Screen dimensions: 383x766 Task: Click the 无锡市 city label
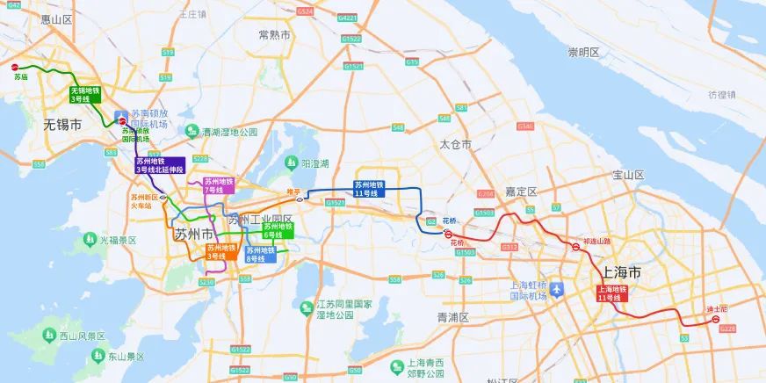(x=62, y=126)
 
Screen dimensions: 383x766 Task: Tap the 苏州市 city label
(x=194, y=235)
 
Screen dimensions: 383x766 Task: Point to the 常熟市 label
(x=274, y=34)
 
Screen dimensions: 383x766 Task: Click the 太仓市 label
(x=456, y=143)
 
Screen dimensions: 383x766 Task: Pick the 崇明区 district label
(x=583, y=53)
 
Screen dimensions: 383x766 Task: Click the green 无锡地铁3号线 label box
(x=86, y=95)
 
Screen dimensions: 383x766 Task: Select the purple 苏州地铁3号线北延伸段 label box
(x=159, y=165)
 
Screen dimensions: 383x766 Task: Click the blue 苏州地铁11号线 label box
(x=369, y=189)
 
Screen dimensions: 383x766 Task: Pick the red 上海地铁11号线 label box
(x=612, y=293)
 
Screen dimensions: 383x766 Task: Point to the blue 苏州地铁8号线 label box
(x=260, y=254)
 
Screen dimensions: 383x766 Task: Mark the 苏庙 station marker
(x=13, y=66)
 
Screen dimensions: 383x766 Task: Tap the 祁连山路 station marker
(x=575, y=247)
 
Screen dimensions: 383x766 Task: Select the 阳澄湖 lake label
(x=313, y=163)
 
